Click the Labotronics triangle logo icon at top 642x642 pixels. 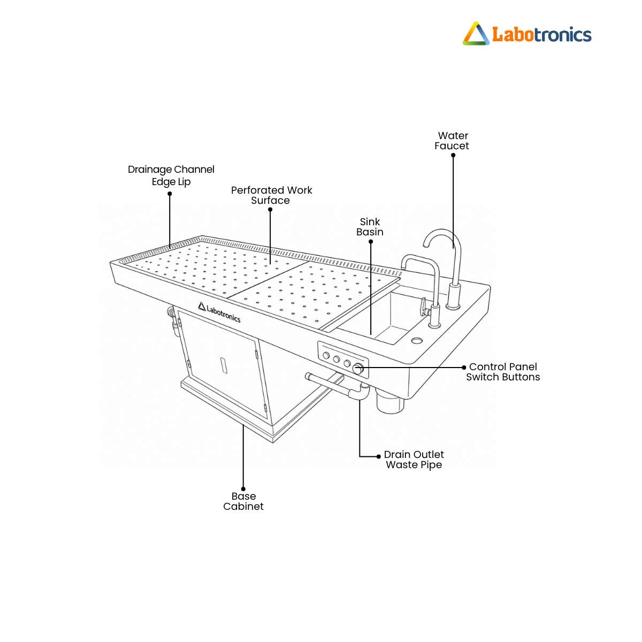click(x=476, y=34)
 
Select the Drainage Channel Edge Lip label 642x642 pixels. click(x=171, y=175)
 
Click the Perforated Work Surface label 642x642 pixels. click(x=271, y=195)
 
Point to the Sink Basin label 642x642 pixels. click(x=370, y=226)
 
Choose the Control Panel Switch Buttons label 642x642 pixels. click(x=503, y=372)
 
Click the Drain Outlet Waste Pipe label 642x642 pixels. click(x=414, y=460)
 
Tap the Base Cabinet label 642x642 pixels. click(x=243, y=501)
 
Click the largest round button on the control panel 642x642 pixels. click(x=358, y=369)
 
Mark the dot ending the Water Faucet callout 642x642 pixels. click(x=453, y=155)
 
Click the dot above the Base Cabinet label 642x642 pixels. click(x=243, y=489)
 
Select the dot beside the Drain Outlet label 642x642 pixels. click(x=378, y=456)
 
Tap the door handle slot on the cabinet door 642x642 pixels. click(x=224, y=365)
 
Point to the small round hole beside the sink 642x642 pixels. click(x=417, y=340)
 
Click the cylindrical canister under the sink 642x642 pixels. click(x=390, y=402)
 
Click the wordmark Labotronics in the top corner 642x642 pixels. click(x=542, y=35)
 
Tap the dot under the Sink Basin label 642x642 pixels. click(x=371, y=241)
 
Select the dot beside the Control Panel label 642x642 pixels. click(x=464, y=368)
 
